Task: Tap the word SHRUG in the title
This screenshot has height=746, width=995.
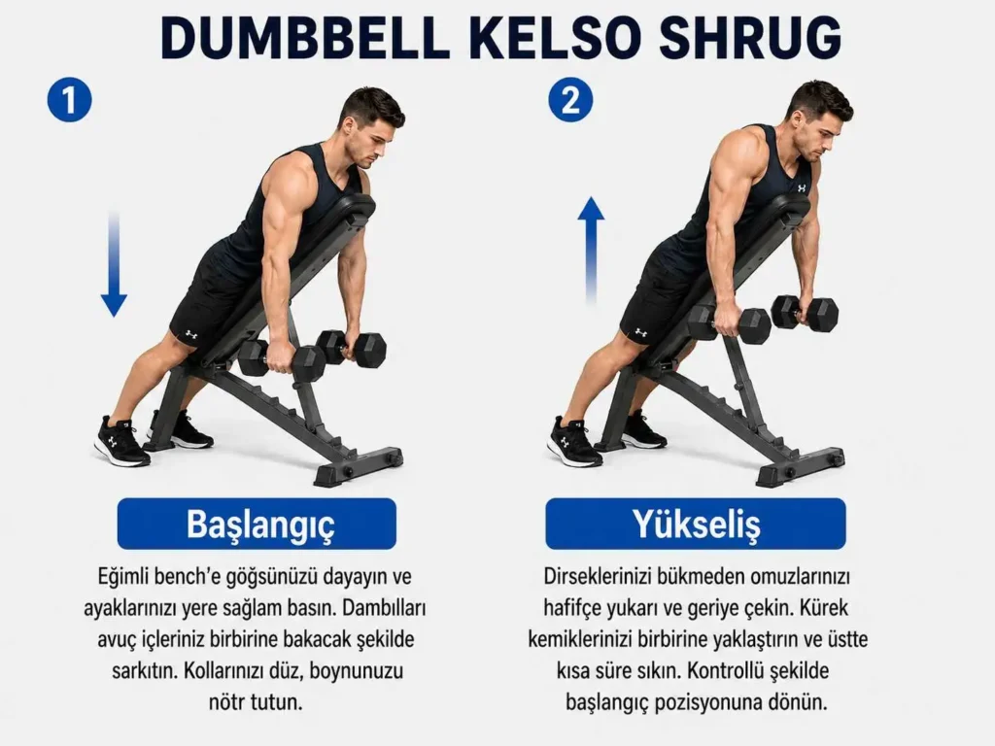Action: (x=750, y=38)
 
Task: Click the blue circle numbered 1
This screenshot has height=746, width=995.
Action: (x=70, y=100)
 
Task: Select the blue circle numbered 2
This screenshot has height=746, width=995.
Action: (x=570, y=100)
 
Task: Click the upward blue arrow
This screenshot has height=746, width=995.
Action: (x=591, y=251)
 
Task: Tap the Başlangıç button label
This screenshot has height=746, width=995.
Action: (x=257, y=524)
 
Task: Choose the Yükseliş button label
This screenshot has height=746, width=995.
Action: (x=696, y=524)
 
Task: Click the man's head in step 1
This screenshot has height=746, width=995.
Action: (x=372, y=126)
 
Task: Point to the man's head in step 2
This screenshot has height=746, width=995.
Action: (x=821, y=120)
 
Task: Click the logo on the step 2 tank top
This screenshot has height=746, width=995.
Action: (x=802, y=187)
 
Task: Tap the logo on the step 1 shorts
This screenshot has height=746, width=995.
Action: (x=191, y=333)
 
